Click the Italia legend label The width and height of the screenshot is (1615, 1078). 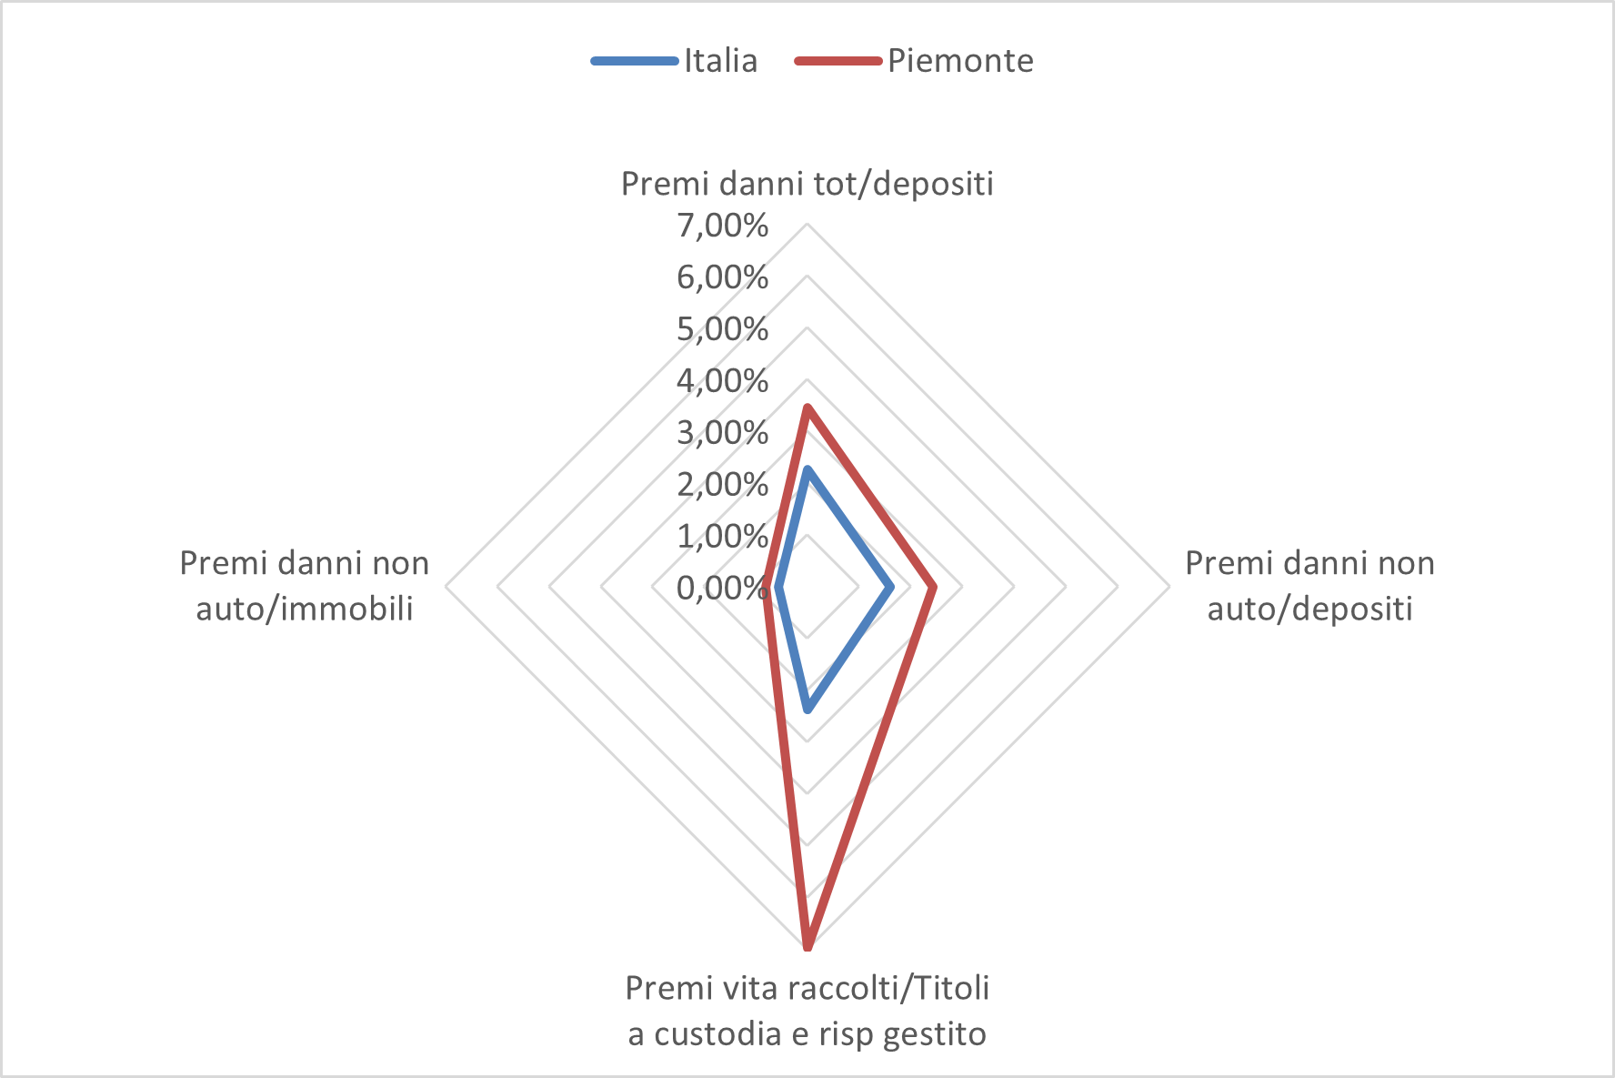point(720,61)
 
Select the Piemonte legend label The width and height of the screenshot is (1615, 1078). point(960,61)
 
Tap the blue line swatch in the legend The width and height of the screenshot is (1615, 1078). point(635,61)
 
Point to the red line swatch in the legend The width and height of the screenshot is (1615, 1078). point(838,61)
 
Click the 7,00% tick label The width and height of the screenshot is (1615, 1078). point(722,225)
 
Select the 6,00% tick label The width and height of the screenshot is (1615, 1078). point(722,277)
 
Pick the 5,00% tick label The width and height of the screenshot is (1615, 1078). point(722,328)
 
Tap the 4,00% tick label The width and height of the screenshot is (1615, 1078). point(722,380)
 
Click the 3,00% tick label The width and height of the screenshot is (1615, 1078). point(722,432)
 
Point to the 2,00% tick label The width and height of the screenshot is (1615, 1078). point(722,484)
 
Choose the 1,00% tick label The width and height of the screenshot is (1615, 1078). point(722,536)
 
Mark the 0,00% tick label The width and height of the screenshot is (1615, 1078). point(722,588)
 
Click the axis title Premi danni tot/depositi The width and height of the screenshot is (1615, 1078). point(807,184)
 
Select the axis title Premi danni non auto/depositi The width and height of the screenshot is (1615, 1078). point(1309,586)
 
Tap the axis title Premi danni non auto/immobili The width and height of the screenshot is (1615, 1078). point(305,586)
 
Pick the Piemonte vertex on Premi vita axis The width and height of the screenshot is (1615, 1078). point(807,948)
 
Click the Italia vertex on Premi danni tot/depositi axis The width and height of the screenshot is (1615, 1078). point(807,470)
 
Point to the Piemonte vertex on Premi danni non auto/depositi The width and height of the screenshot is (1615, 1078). point(934,588)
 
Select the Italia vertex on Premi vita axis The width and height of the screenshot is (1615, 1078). point(807,709)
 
